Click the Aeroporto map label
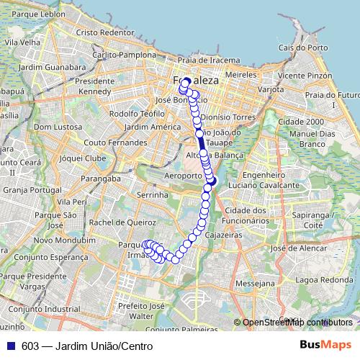(181, 175)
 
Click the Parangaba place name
(100, 178)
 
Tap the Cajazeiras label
(222, 235)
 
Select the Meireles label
(240, 74)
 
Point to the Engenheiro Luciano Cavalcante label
(266, 180)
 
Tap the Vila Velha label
(22, 42)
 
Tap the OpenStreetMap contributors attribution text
(296, 323)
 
